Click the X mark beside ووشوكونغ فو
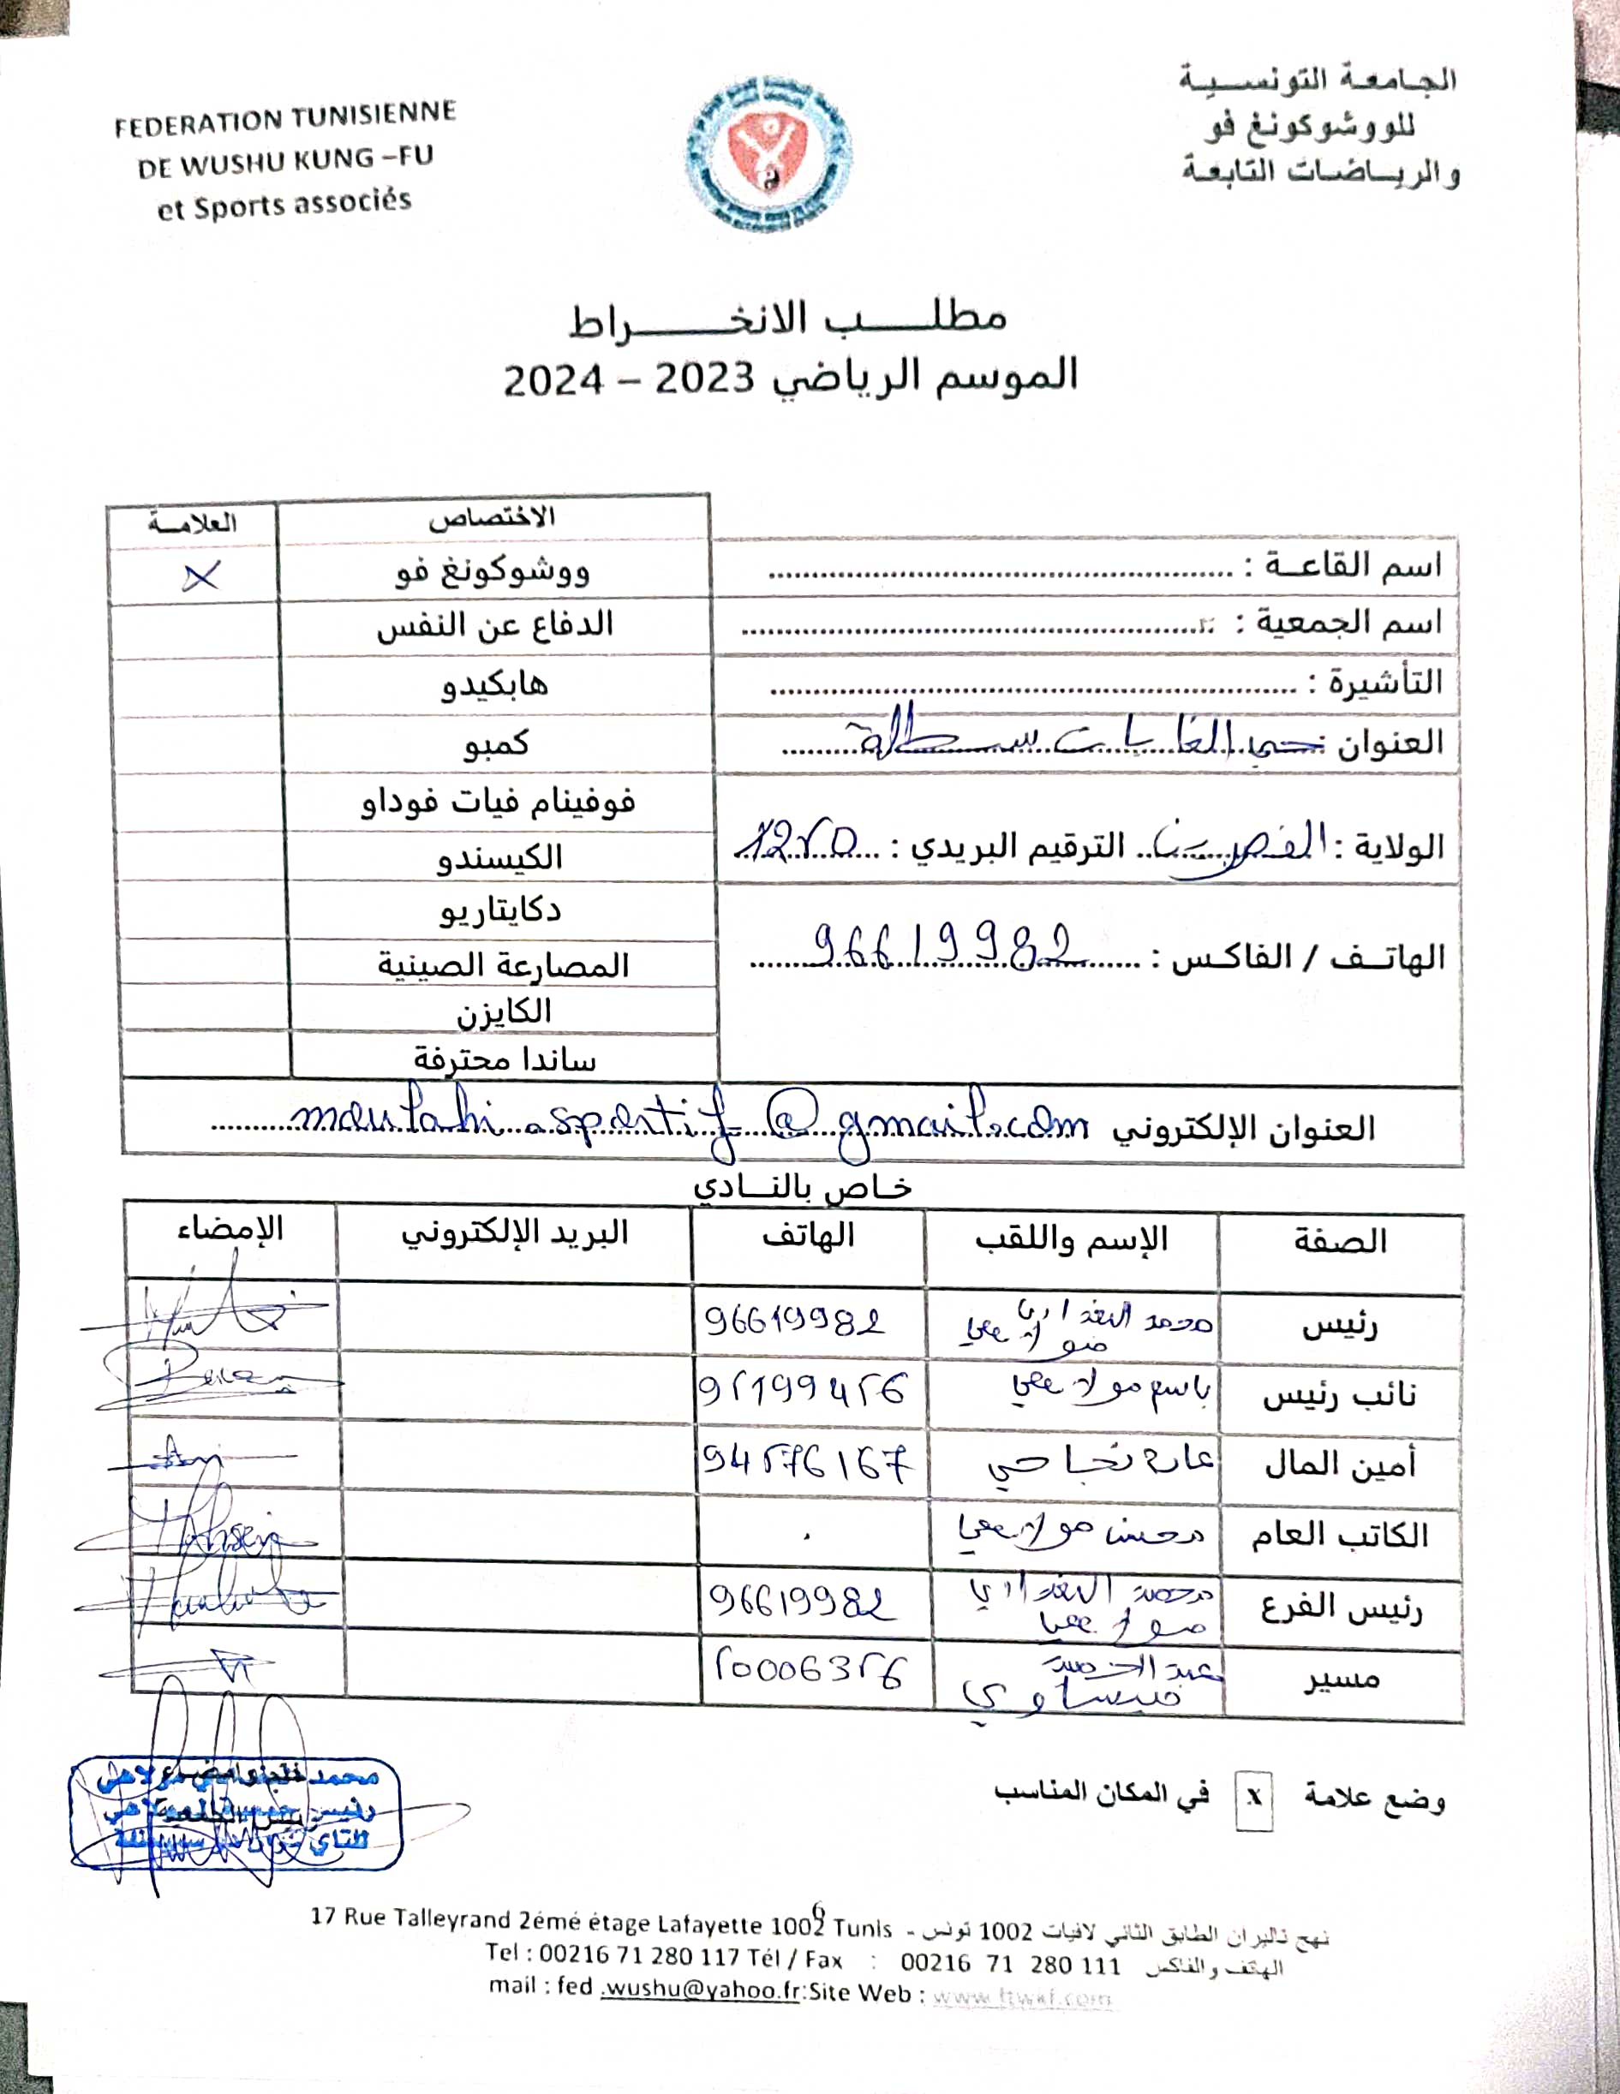200,576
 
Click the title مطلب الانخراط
788,319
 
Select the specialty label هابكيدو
495,684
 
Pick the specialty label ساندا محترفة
505,1059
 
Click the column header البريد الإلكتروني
514,1233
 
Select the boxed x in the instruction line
1252,1798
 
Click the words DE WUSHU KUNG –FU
285,162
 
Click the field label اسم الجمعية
1340,623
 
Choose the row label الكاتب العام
1338,1536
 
